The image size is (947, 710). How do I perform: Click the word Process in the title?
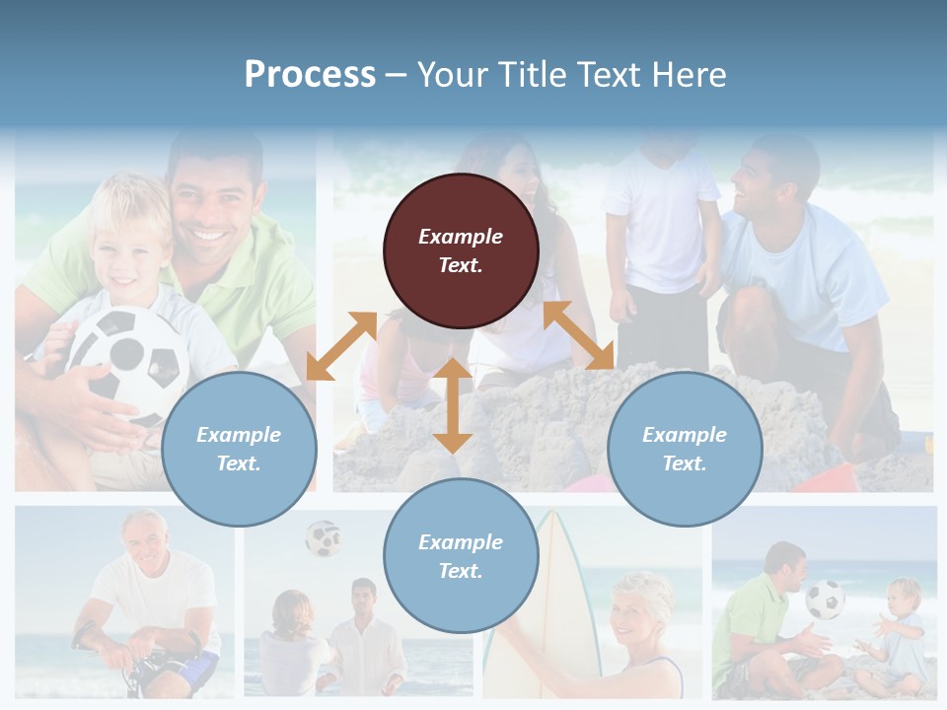310,75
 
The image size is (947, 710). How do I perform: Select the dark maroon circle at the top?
461,251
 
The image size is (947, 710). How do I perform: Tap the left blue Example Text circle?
239,450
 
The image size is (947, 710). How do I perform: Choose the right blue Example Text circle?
685,450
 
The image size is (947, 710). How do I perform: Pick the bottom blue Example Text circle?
461,556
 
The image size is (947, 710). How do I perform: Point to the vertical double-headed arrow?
453,405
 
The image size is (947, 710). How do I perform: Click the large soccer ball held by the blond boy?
127,359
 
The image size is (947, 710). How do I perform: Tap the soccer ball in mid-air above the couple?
323,538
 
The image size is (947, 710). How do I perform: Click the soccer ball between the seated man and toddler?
825,600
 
